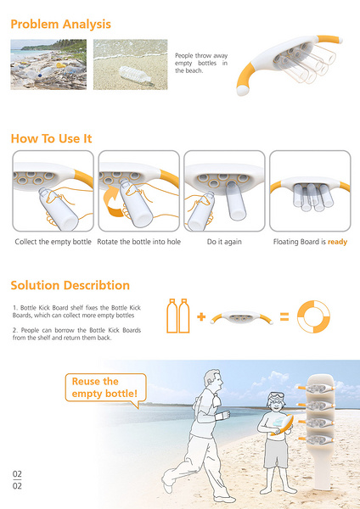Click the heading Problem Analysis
coord(61,25)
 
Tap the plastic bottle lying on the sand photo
coord(135,75)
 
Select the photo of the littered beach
coord(48,64)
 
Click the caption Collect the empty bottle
coord(53,242)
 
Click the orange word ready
coord(338,242)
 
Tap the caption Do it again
coord(224,242)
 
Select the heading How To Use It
coord(51,138)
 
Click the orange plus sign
coord(201,316)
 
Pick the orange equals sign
coord(284,316)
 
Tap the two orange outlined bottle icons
coord(178,316)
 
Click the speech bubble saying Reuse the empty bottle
coord(106,388)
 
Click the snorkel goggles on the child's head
coord(276,397)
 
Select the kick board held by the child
coord(284,425)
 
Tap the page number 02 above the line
coord(17,474)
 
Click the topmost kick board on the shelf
coord(316,388)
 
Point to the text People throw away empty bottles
coord(201,63)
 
